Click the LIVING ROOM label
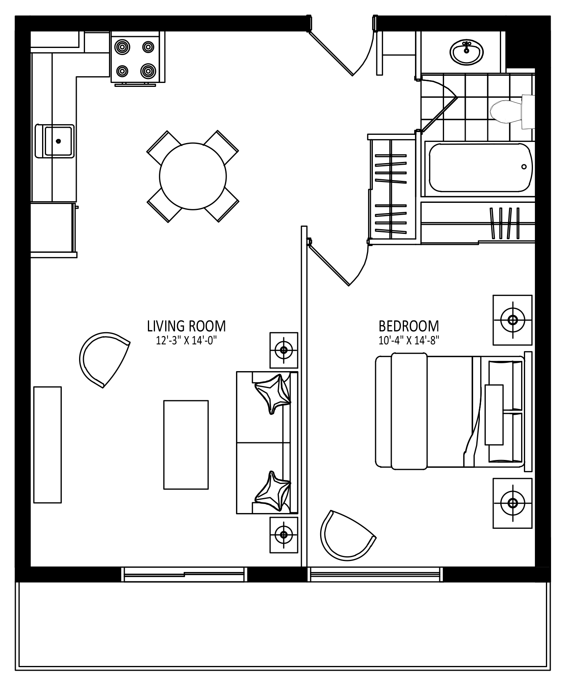[x=186, y=326]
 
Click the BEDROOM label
[x=409, y=326]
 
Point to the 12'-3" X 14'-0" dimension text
[x=186, y=340]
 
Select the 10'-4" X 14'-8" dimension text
[x=409, y=340]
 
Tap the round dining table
[x=193, y=176]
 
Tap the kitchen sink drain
[x=59, y=141]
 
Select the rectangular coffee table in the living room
[x=186, y=445]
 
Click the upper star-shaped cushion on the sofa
[x=273, y=394]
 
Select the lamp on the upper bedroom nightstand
[x=513, y=320]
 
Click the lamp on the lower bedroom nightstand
[x=513, y=503]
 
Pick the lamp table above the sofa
[x=284, y=350]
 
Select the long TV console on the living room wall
[x=48, y=445]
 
